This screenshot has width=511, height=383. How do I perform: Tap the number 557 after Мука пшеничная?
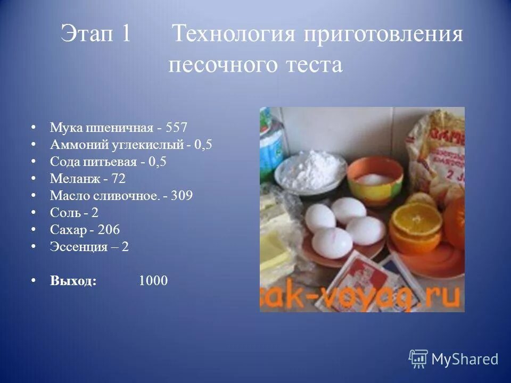[x=177, y=128]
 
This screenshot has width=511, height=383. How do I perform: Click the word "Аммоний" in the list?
[x=75, y=145]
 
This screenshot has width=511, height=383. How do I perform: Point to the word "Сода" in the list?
[x=63, y=162]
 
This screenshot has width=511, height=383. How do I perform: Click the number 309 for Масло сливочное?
[x=182, y=196]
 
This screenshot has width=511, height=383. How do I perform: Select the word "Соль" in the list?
[x=63, y=213]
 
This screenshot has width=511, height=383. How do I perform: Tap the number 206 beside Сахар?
[x=109, y=230]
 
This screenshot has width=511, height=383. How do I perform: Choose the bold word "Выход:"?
[x=73, y=281]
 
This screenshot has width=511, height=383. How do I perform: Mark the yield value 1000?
[x=153, y=281]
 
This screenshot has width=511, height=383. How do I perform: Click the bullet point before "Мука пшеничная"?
[x=34, y=128]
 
